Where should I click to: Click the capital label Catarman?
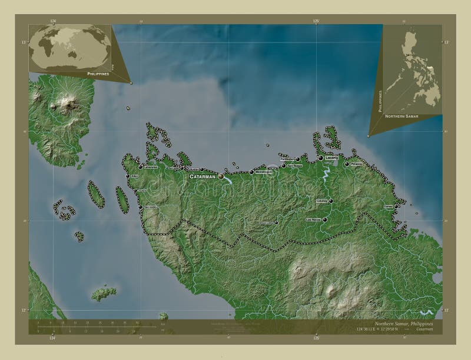202,176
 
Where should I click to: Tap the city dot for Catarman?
221,176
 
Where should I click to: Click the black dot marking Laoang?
321,158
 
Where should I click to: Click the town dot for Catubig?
331,201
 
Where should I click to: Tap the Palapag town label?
356,164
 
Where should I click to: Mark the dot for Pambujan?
298,159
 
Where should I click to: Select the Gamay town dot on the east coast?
397,206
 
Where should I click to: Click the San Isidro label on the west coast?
150,207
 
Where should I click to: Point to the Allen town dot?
127,175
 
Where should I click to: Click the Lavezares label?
150,166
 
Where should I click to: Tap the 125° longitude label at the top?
316,21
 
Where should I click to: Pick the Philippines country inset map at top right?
412,69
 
